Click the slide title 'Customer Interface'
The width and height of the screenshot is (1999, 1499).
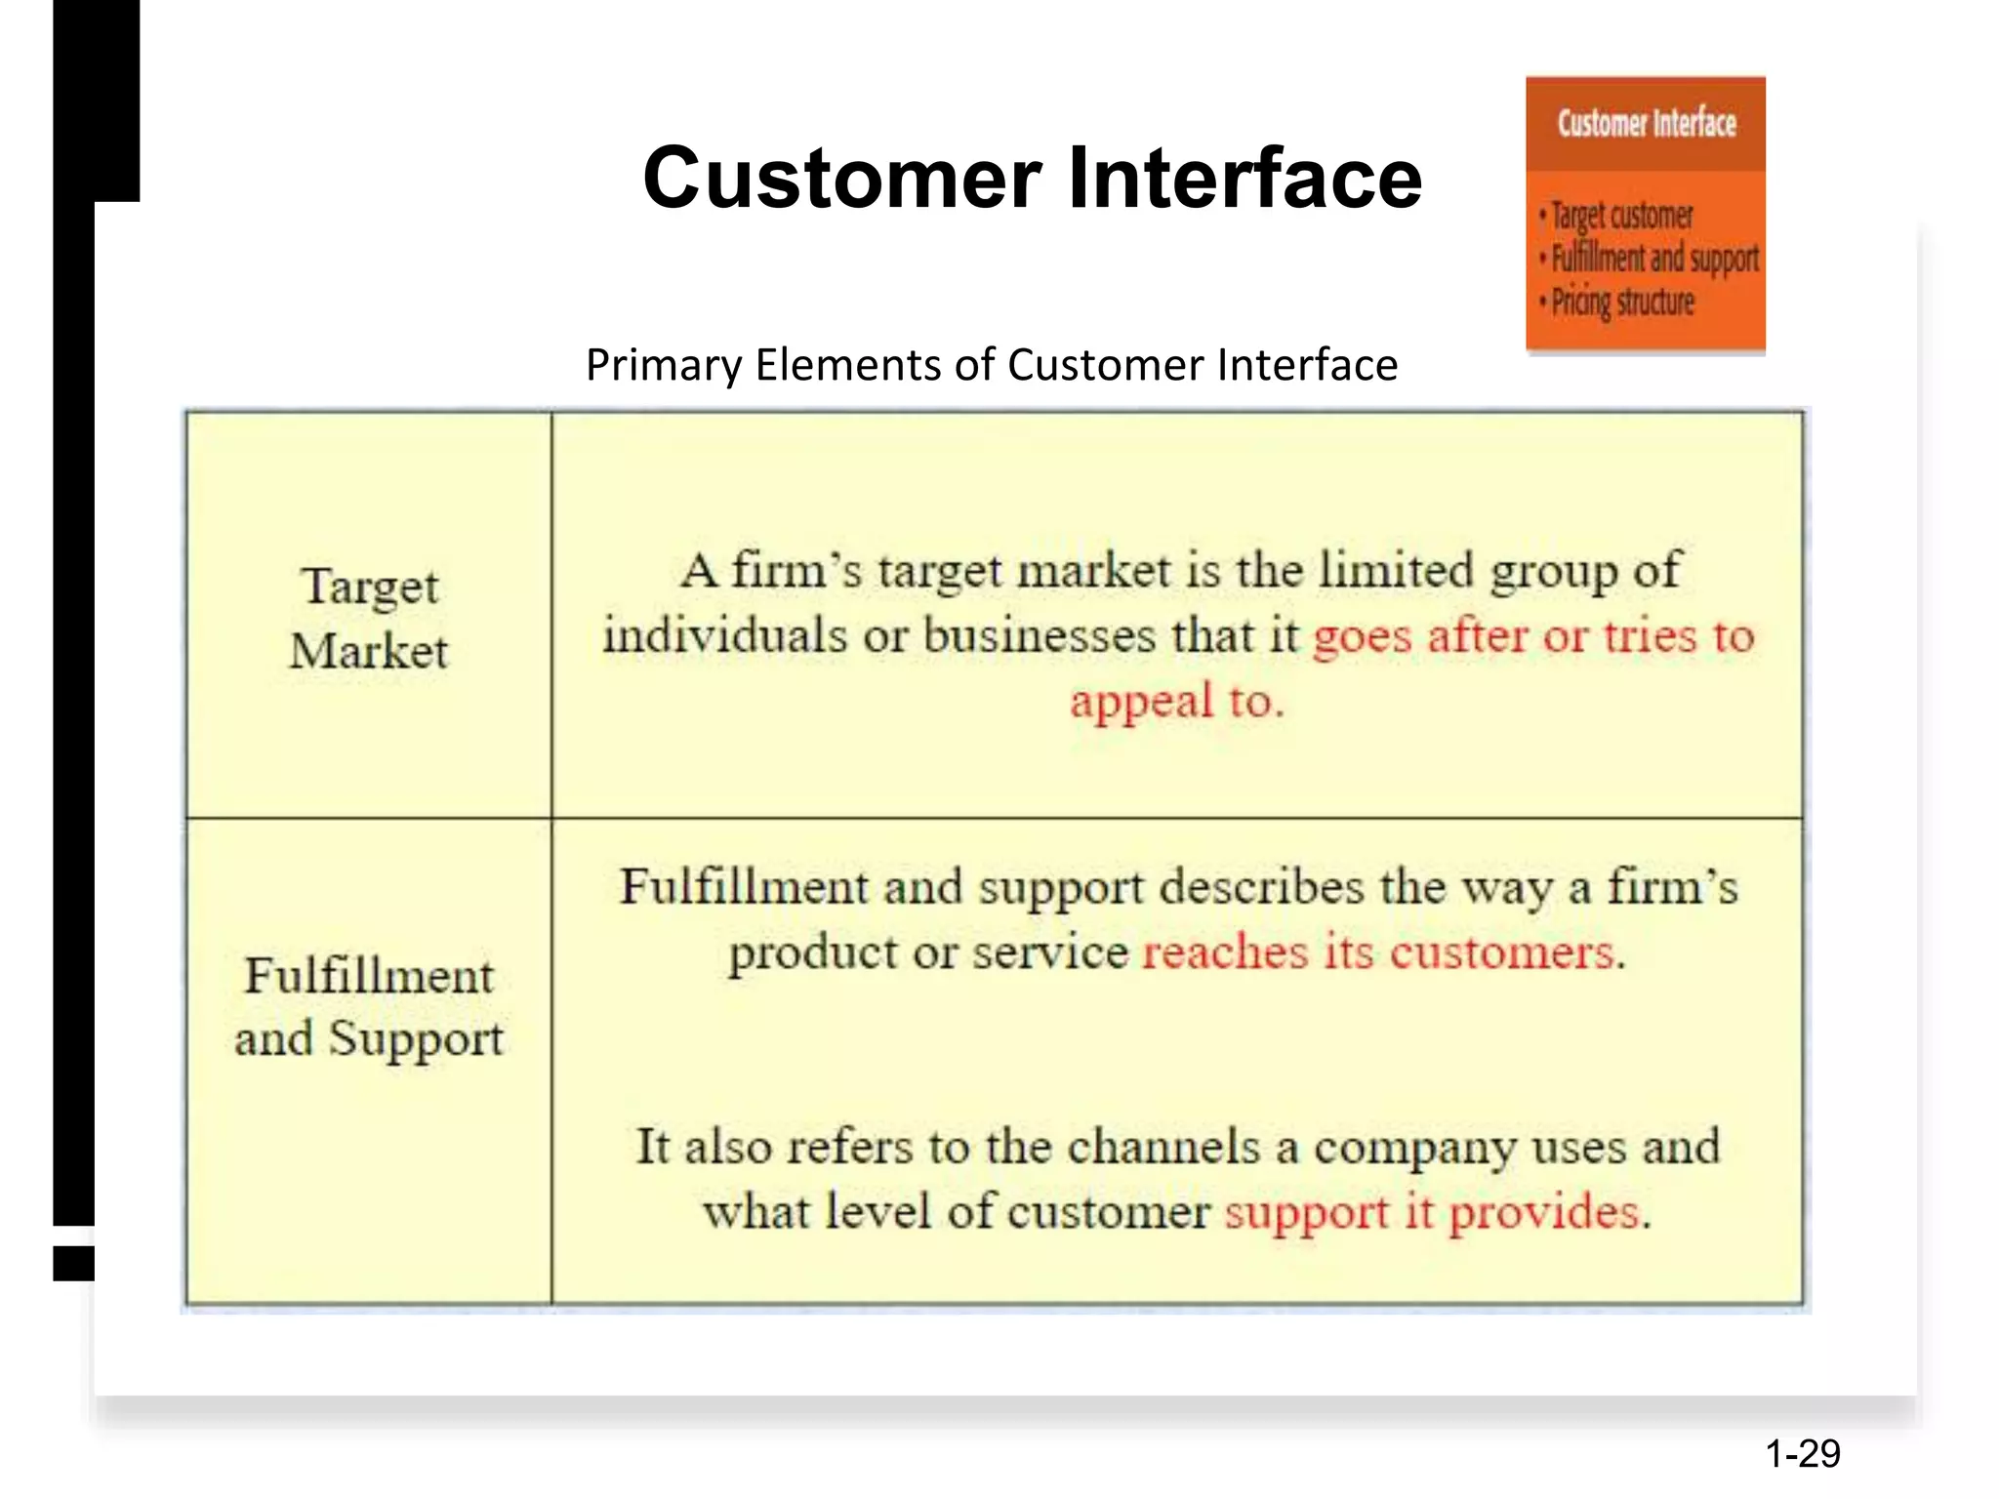pos(1032,178)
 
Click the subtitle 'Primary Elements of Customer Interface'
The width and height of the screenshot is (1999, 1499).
pos(991,365)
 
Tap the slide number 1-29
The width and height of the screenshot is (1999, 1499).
pos(1802,1454)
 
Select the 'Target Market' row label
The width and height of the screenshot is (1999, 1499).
pos(369,619)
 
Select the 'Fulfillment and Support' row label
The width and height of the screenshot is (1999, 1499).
pos(369,1007)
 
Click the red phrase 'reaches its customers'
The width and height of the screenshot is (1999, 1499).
pos(1377,952)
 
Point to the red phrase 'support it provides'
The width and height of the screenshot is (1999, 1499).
pos(1431,1213)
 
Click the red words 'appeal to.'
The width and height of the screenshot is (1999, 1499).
pos(1176,702)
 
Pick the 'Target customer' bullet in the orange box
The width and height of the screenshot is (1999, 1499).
pos(1621,216)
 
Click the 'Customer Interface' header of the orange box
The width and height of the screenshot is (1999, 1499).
pos(1647,124)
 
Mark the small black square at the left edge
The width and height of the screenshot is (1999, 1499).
pos(73,1263)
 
